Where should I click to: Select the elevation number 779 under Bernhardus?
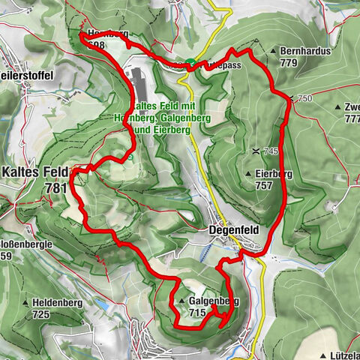(x=290, y=63)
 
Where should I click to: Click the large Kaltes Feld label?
(x=34, y=171)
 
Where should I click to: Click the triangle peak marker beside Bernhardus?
(x=273, y=52)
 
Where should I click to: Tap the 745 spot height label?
(x=270, y=151)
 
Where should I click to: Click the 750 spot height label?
(x=304, y=99)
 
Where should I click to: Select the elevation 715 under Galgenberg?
(x=198, y=313)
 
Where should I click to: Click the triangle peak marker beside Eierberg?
(x=247, y=173)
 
